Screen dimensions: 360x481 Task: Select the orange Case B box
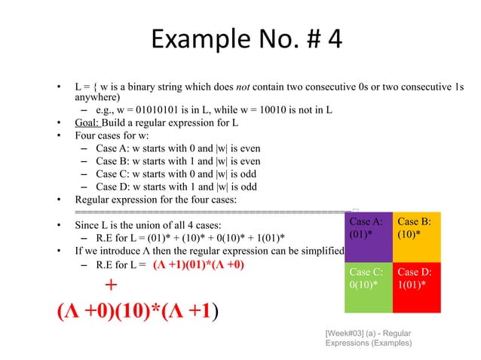(x=416, y=236)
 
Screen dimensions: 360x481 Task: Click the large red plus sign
(x=111, y=285)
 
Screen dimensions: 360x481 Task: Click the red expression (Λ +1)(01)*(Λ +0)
(x=198, y=265)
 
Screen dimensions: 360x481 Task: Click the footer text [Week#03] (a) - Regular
(x=368, y=332)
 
